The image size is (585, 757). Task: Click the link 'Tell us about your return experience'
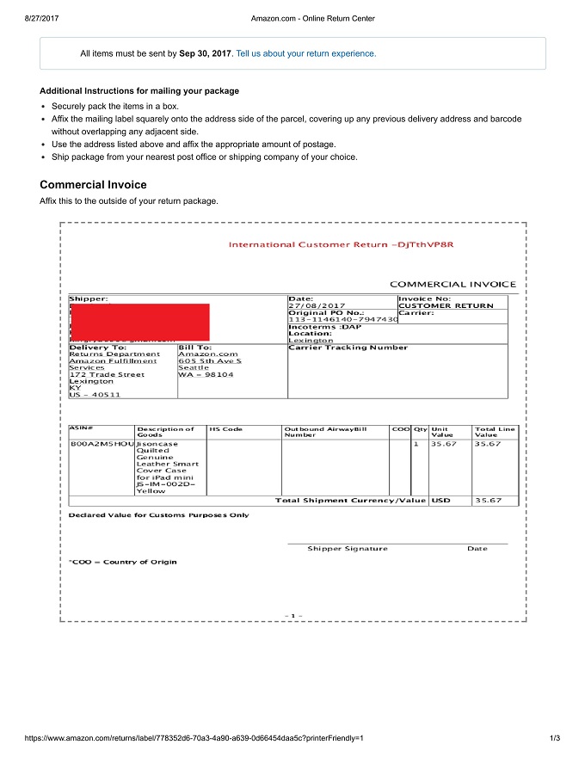tap(305, 53)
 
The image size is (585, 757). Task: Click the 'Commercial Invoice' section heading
tap(93, 185)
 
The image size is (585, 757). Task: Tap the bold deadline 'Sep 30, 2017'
tap(205, 53)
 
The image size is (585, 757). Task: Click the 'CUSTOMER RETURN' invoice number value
tap(446, 305)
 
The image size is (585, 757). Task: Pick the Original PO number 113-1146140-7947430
tap(342, 319)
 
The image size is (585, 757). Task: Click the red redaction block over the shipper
tap(139, 323)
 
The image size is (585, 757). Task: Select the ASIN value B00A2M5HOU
tap(102, 444)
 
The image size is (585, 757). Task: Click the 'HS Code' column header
tap(225, 428)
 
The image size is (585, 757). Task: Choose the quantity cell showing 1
tap(416, 444)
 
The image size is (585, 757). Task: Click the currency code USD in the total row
tap(440, 500)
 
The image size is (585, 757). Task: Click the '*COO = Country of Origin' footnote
tap(122, 562)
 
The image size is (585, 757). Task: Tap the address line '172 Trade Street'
tap(107, 374)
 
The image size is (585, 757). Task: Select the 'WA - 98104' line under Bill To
tap(204, 374)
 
